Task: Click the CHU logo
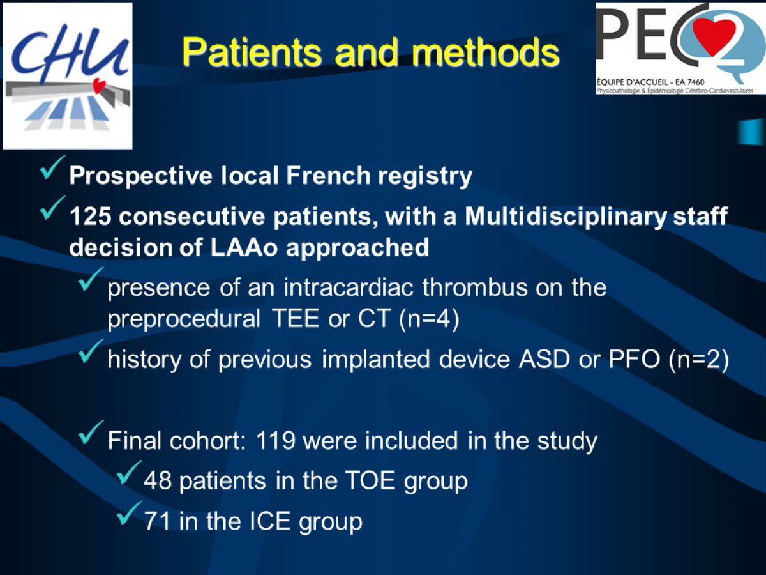click(x=68, y=76)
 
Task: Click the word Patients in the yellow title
click(x=251, y=52)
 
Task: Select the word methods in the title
click(x=487, y=52)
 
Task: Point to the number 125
click(x=91, y=216)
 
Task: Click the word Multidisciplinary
click(x=566, y=217)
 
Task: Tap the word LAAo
click(x=244, y=247)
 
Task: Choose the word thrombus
click(x=475, y=287)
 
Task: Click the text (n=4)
click(x=429, y=319)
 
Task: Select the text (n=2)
click(x=698, y=359)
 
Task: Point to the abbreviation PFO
click(x=634, y=359)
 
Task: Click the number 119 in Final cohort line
click(x=276, y=441)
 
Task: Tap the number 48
click(x=158, y=480)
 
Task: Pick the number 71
click(x=157, y=521)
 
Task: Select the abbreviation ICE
click(x=271, y=521)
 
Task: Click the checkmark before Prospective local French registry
click(x=52, y=167)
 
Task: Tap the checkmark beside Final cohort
click(x=91, y=433)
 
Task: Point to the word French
click(x=328, y=175)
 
